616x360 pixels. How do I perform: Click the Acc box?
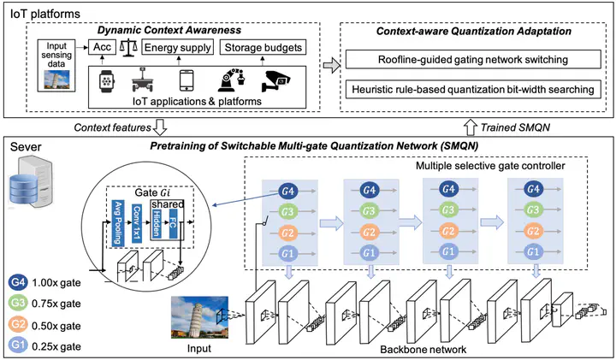(102, 47)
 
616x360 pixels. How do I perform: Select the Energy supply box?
(178, 47)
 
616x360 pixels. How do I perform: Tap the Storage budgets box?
(263, 47)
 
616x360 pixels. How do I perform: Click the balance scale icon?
(128, 48)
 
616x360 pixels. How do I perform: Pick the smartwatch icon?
(106, 81)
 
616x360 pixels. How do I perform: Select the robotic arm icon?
(232, 80)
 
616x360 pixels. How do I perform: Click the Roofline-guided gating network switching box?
(473, 60)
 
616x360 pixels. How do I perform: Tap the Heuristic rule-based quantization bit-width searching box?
(473, 89)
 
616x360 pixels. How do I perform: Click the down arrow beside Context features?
(160, 127)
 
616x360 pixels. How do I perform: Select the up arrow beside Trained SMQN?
(471, 127)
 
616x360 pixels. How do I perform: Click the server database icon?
(31, 181)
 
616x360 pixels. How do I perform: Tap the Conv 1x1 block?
(137, 222)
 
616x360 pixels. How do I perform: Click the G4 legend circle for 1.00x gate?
(18, 282)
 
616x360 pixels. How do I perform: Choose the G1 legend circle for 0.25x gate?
(18, 345)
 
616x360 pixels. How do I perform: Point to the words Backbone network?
(423, 349)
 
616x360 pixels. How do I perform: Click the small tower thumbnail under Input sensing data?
(57, 79)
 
